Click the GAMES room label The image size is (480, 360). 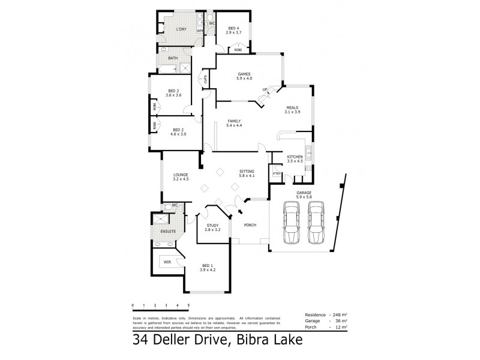pos(244,74)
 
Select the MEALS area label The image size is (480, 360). pos(292,109)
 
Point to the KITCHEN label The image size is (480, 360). pos(295,157)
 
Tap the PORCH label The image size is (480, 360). pos(250,224)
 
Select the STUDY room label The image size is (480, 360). pos(212,226)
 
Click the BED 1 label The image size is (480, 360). pos(207,266)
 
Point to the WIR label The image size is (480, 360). pos(167,262)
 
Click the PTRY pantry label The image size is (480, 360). pos(277,174)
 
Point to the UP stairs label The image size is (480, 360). pos(265,89)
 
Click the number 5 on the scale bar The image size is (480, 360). pos(188,305)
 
